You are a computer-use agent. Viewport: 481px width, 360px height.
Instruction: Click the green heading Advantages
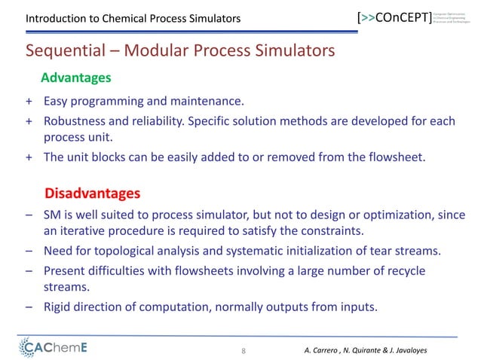(x=75, y=78)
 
